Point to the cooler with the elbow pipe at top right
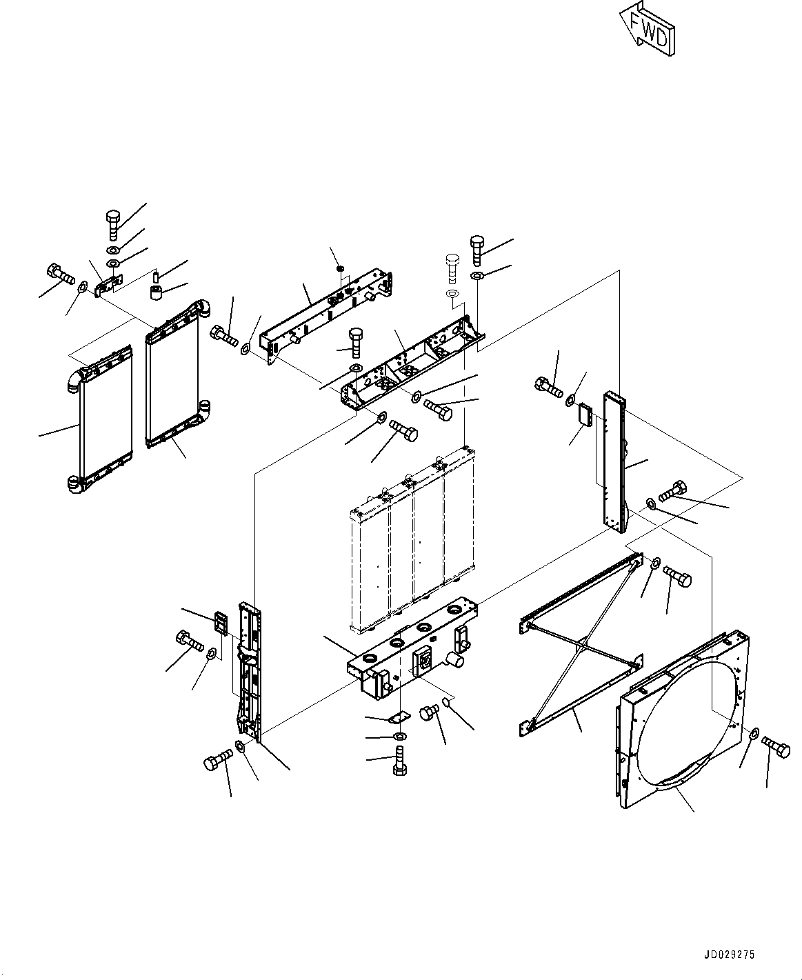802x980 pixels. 173,376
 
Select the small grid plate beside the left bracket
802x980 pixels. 222,623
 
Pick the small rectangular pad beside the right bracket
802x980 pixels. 587,415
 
